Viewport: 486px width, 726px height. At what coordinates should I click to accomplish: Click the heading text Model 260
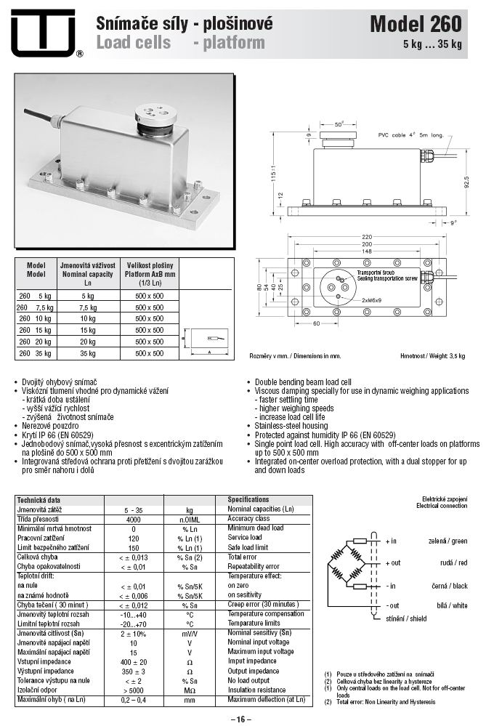[415, 25]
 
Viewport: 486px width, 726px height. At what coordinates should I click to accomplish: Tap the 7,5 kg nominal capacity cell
[87, 307]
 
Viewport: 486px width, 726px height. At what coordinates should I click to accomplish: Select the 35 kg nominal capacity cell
[87, 352]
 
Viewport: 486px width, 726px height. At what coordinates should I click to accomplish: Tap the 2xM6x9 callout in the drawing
[373, 299]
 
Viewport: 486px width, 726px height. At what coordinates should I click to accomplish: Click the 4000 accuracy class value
[133, 520]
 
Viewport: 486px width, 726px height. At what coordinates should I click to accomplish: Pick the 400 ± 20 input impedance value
[133, 661]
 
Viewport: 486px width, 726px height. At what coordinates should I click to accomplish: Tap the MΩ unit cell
[190, 690]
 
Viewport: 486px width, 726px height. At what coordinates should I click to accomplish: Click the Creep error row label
[262, 605]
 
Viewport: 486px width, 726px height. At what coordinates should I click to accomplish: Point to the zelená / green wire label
[448, 541]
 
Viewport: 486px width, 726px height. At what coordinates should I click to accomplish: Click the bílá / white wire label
[453, 605]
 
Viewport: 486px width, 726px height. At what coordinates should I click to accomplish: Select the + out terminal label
[392, 563]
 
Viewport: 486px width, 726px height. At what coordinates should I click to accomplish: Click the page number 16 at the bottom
[242, 719]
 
